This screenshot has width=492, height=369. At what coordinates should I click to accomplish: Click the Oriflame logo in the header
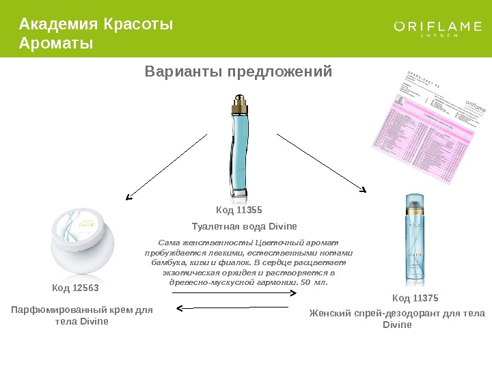[x=438, y=28]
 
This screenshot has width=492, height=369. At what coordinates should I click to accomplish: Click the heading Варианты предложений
[x=238, y=72]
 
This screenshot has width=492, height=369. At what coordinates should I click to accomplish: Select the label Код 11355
[x=239, y=210]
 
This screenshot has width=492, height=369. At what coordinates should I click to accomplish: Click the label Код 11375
[x=415, y=299]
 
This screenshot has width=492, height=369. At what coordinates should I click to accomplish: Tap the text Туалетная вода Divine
[x=244, y=225]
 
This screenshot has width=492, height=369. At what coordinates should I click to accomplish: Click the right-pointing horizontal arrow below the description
[x=235, y=293]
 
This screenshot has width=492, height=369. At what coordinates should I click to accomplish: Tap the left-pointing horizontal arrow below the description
[x=235, y=308]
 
